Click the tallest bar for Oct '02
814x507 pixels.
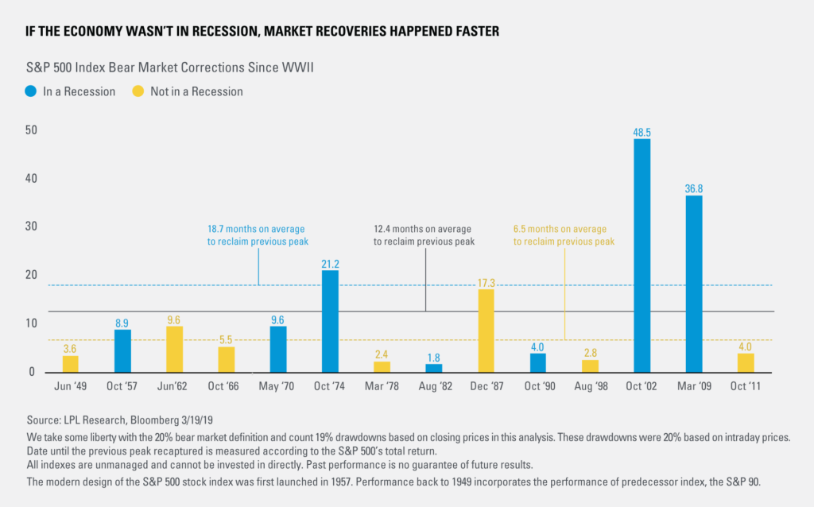point(642,255)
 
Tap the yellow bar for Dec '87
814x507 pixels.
point(486,331)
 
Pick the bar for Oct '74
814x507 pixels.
point(330,321)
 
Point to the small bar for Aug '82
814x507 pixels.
point(434,368)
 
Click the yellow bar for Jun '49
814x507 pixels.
point(71,364)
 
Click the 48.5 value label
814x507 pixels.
point(642,131)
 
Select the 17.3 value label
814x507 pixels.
point(486,281)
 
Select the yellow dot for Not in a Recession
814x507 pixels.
point(137,91)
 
